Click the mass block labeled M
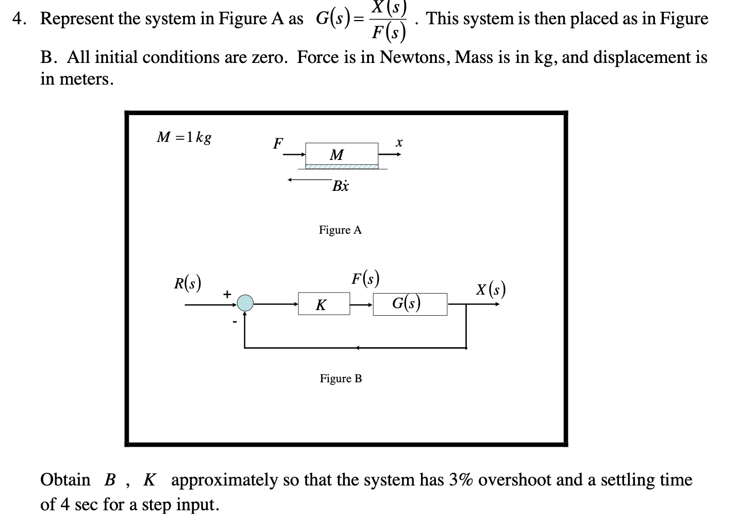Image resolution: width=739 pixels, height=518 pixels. [341, 154]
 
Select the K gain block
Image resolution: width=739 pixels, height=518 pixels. [323, 304]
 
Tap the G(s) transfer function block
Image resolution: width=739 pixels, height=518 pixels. [410, 304]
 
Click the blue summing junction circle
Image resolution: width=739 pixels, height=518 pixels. [245, 303]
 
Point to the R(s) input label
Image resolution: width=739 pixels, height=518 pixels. [187, 283]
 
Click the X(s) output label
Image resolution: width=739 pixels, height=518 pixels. [490, 289]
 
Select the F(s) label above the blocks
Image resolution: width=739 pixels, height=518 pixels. [365, 279]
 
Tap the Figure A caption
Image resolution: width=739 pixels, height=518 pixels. [340, 230]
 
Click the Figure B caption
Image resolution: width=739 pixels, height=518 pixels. [341, 379]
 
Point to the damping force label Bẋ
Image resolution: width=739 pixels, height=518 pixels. [340, 186]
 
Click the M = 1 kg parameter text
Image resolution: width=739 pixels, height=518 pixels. [184, 138]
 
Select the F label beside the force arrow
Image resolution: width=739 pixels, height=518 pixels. [278, 143]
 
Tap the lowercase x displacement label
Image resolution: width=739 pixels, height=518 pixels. [398, 142]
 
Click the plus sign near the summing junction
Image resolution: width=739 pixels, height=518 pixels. [226, 294]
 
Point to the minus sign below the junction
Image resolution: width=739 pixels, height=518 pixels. [234, 322]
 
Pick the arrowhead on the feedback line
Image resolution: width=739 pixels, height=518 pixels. [357, 348]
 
